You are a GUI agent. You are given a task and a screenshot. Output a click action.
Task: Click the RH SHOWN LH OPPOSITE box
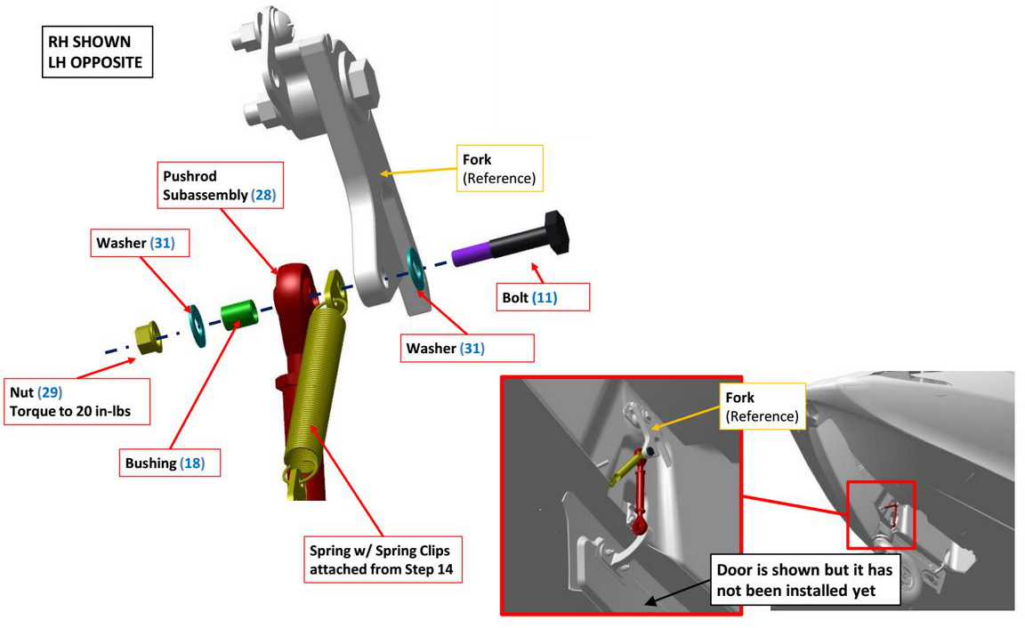pyautogui.click(x=97, y=52)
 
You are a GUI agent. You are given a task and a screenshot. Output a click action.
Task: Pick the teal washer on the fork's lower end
pyautogui.click(x=415, y=269)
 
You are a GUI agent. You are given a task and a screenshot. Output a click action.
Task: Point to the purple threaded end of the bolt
pyautogui.click(x=470, y=255)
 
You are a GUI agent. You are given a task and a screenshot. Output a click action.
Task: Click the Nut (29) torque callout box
pyautogui.click(x=77, y=402)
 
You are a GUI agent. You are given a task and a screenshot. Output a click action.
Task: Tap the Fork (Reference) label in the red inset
pyautogui.click(x=761, y=407)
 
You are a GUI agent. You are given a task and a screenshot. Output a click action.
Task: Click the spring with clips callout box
pyautogui.click(x=383, y=560)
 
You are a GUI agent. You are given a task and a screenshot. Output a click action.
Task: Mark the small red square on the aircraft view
pyautogui.click(x=880, y=515)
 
